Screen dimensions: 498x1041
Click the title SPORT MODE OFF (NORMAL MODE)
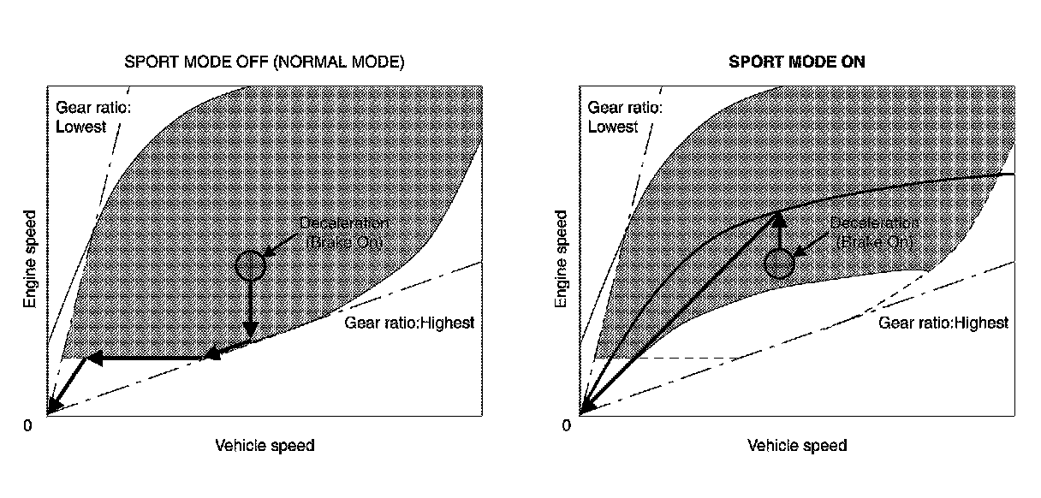click(x=264, y=62)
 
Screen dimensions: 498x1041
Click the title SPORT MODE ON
click(x=796, y=62)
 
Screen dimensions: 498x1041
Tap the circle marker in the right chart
click(x=779, y=264)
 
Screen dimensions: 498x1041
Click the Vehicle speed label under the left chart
click(x=265, y=446)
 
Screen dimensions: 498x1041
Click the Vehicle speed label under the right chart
click(x=797, y=446)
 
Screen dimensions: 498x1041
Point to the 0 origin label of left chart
click(x=27, y=425)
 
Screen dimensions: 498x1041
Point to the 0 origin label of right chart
click(x=566, y=425)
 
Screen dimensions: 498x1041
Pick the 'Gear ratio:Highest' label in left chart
click(x=409, y=323)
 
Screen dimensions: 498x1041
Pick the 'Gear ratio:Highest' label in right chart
click(x=943, y=323)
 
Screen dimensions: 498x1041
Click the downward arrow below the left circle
click(x=250, y=312)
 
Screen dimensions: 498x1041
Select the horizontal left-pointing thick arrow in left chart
click(x=146, y=359)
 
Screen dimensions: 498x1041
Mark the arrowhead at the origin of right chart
click(x=586, y=408)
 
